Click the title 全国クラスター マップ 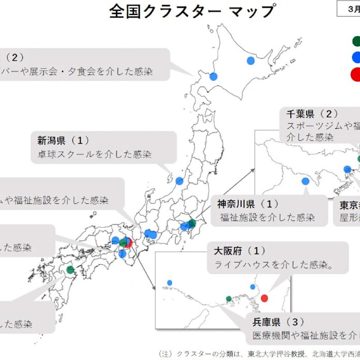(192, 11)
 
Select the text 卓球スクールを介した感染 (94, 154)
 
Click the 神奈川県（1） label (248, 204)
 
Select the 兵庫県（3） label (278, 322)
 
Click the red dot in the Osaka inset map (264, 298)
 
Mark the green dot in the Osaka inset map (229, 298)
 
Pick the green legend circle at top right (356, 41)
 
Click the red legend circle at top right (356, 75)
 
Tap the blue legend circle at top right (356, 57)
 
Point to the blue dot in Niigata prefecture (179, 181)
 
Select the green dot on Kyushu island (70, 269)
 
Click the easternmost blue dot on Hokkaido (251, 61)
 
